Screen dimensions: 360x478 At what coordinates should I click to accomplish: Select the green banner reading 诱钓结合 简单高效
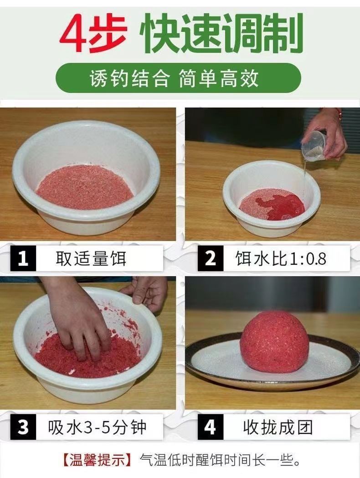(178, 78)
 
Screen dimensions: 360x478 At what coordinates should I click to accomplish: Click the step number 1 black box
(23, 258)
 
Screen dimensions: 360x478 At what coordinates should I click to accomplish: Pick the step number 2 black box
(211, 258)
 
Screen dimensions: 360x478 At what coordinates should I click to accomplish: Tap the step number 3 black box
(23, 427)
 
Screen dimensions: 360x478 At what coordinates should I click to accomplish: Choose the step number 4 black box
(211, 427)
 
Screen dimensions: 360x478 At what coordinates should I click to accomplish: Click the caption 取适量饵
(91, 258)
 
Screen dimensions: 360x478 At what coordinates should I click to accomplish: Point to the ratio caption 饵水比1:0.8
(281, 258)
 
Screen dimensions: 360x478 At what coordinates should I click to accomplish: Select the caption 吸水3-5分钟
(97, 427)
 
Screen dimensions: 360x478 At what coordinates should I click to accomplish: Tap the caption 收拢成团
(278, 427)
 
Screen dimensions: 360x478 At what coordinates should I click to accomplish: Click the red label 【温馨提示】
(97, 460)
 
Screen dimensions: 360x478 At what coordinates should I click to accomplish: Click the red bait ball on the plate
(274, 341)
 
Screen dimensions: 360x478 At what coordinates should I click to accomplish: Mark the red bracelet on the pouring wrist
(339, 114)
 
